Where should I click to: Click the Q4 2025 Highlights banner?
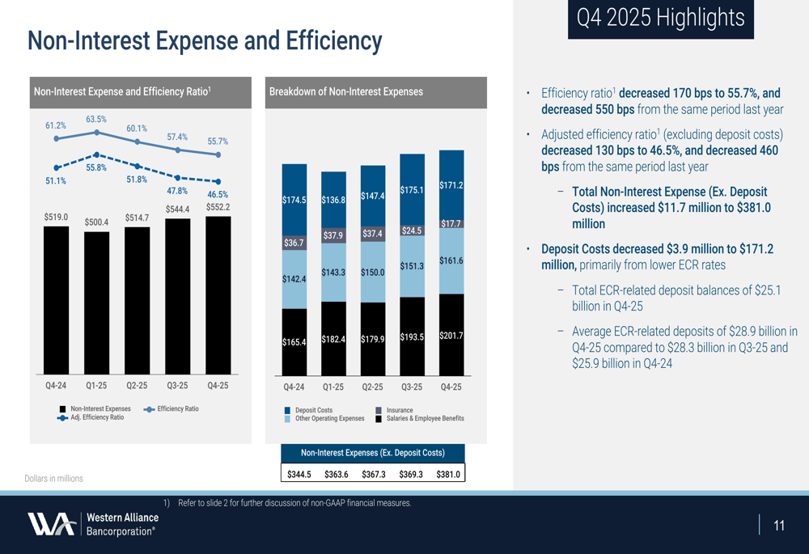[660, 18]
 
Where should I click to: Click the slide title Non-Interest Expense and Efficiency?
[204, 41]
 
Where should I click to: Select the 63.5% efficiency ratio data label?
[96, 120]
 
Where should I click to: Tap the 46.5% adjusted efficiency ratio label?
[218, 195]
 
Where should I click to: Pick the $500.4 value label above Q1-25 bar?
[96, 222]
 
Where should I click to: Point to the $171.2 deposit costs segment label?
[451, 185]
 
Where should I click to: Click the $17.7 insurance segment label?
[451, 223]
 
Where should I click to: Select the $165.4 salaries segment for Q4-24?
[294, 342]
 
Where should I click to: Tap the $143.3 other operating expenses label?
[333, 273]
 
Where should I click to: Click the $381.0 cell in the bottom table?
[447, 474]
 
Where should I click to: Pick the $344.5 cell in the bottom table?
[299, 474]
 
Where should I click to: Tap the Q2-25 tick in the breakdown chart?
[372, 387]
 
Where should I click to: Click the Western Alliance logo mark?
[53, 524]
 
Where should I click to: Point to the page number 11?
[779, 527]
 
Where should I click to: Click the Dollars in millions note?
[53, 479]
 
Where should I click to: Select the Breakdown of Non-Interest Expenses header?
[345, 92]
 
